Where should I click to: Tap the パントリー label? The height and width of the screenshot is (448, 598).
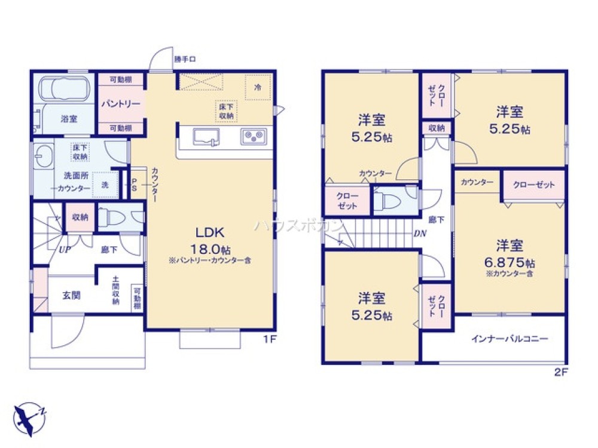click(x=120, y=104)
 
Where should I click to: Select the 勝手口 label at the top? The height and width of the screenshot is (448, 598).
click(x=185, y=59)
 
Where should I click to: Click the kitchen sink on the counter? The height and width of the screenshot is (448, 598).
click(x=206, y=137)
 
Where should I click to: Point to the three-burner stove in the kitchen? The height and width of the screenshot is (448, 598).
click(x=254, y=137)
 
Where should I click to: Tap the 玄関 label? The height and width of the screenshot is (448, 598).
click(x=71, y=295)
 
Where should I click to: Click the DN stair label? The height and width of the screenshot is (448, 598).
click(x=420, y=234)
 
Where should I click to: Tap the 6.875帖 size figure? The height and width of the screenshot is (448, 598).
click(x=510, y=262)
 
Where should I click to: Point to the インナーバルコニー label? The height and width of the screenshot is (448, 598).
click(x=509, y=339)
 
